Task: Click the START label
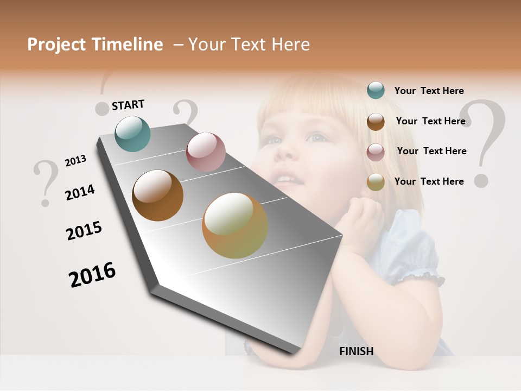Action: click(x=128, y=105)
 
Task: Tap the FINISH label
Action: click(x=356, y=351)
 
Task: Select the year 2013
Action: click(x=75, y=161)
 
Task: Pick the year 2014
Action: click(x=80, y=192)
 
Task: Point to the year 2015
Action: click(x=84, y=231)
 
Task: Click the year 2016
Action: click(x=92, y=275)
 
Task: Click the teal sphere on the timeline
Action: click(x=133, y=134)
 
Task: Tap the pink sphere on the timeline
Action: click(x=206, y=152)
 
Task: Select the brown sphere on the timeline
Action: click(x=158, y=195)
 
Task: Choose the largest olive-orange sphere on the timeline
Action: click(x=235, y=225)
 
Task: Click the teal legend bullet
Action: click(x=376, y=90)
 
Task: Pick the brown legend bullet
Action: click(x=376, y=122)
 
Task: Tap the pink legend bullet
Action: click(x=376, y=152)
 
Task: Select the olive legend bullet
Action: click(x=376, y=182)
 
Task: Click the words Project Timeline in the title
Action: click(x=95, y=45)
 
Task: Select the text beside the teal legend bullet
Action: click(x=429, y=91)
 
